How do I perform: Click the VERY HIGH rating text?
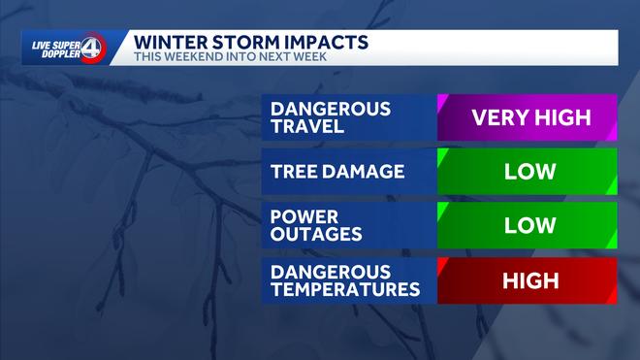(x=530, y=118)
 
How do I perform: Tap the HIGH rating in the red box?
(x=530, y=281)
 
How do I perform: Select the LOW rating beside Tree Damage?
(x=530, y=173)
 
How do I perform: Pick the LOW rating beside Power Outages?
(x=530, y=225)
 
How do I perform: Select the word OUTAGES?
(x=315, y=235)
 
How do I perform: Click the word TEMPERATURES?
(x=346, y=290)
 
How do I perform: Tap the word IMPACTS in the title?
(x=332, y=42)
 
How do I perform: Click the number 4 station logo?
(x=90, y=49)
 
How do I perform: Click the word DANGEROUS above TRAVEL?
(x=331, y=109)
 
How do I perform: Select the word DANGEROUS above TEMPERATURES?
(x=331, y=272)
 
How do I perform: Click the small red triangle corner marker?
(x=442, y=263)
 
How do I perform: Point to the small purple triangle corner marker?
(x=442, y=100)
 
